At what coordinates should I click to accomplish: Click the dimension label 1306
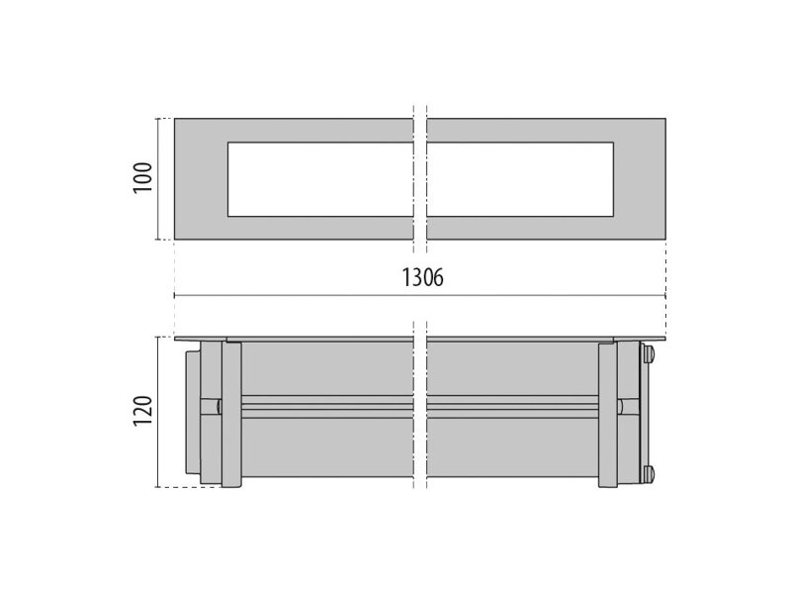pyautogui.click(x=422, y=277)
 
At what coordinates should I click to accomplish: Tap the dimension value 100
pyautogui.click(x=142, y=177)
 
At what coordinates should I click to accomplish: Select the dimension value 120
pyautogui.click(x=142, y=411)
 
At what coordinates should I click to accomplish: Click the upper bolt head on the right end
pyautogui.click(x=649, y=354)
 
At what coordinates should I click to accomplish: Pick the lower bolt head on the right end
pyautogui.click(x=649, y=474)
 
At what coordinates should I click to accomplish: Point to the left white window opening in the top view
pyautogui.click(x=320, y=179)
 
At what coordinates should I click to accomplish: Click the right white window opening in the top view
pyautogui.click(x=520, y=179)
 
